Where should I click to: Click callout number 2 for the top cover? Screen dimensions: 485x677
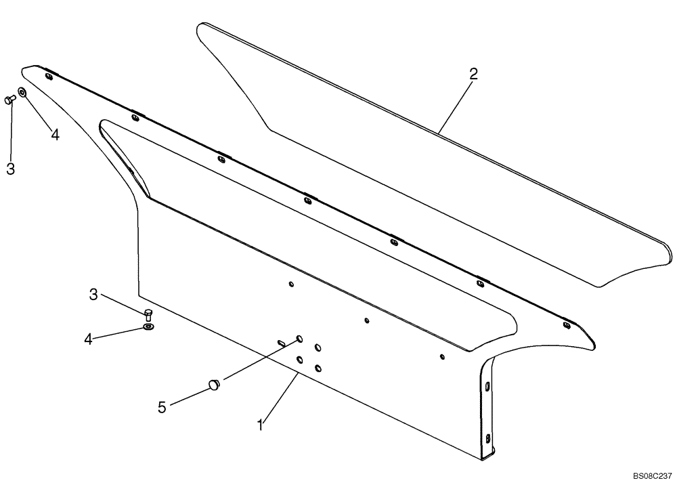coord(473,75)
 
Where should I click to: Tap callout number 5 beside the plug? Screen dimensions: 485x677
coord(161,407)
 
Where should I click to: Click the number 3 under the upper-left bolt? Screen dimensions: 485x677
coord(10,169)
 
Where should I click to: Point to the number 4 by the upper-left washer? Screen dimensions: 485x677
coord(55,135)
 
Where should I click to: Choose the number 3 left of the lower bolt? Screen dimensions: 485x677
coord(94,294)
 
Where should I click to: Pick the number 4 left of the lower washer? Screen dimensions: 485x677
coord(88,338)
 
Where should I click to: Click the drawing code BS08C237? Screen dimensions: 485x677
coord(652,476)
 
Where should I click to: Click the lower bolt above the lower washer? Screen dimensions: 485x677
coord(149,314)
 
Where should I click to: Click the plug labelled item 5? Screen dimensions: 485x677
coord(214,385)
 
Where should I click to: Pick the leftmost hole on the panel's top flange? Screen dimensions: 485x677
coord(48,77)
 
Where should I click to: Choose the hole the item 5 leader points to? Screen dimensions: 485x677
coord(299,338)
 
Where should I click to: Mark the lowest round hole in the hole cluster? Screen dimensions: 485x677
coord(318,367)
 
